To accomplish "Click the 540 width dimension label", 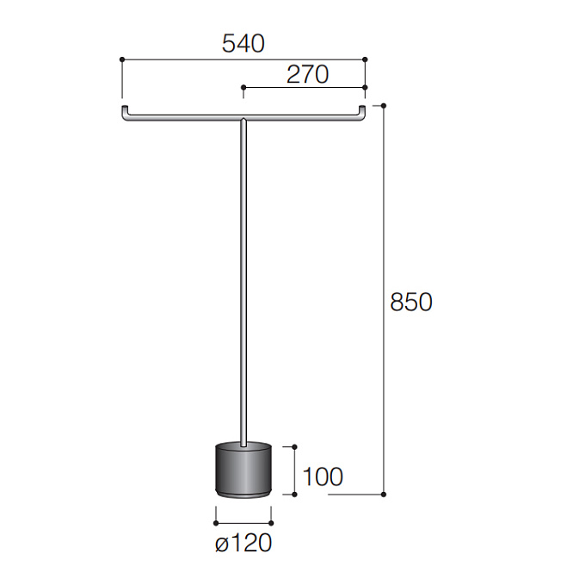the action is click(x=243, y=44).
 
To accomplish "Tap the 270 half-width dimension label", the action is click(x=308, y=75).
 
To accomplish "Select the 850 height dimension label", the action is click(x=411, y=302).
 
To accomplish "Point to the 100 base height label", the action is click(x=323, y=476).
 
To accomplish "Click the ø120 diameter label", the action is click(x=243, y=543).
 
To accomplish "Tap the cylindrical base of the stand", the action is click(x=243, y=470).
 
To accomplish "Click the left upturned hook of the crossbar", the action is click(x=125, y=112).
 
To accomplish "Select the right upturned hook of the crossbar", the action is click(x=362, y=112).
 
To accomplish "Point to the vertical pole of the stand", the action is click(x=243, y=283).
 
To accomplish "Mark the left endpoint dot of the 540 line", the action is click(x=122, y=59).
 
